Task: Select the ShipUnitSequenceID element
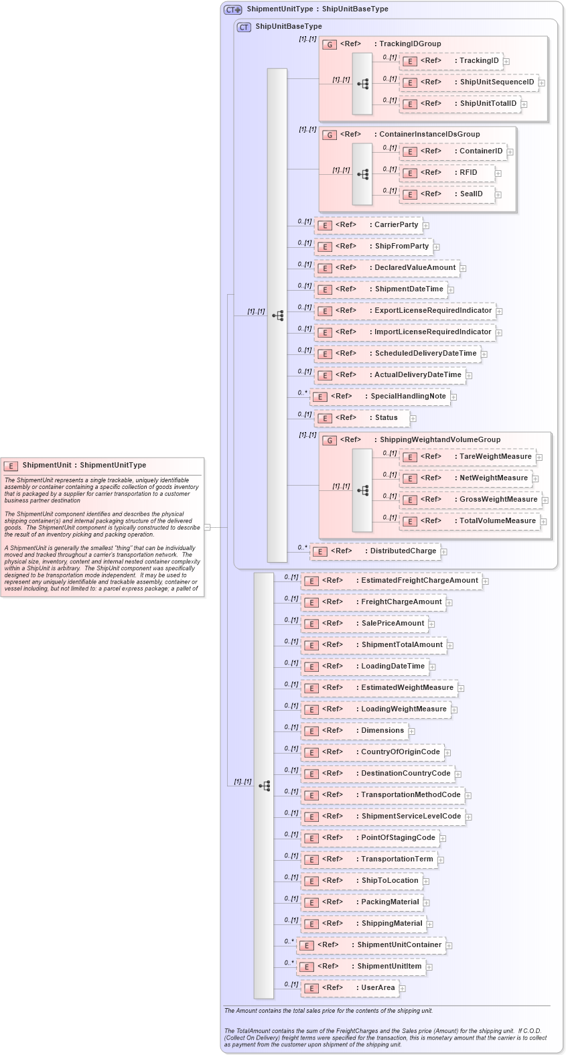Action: point(469,82)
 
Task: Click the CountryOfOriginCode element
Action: point(372,752)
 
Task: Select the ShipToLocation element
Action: point(361,881)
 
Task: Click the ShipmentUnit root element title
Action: point(84,465)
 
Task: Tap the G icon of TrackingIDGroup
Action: point(329,44)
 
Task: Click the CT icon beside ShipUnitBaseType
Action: point(244,27)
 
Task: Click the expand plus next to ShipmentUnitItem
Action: point(429,967)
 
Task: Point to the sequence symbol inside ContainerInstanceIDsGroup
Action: point(362,174)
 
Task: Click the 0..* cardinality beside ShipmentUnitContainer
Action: point(289,941)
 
